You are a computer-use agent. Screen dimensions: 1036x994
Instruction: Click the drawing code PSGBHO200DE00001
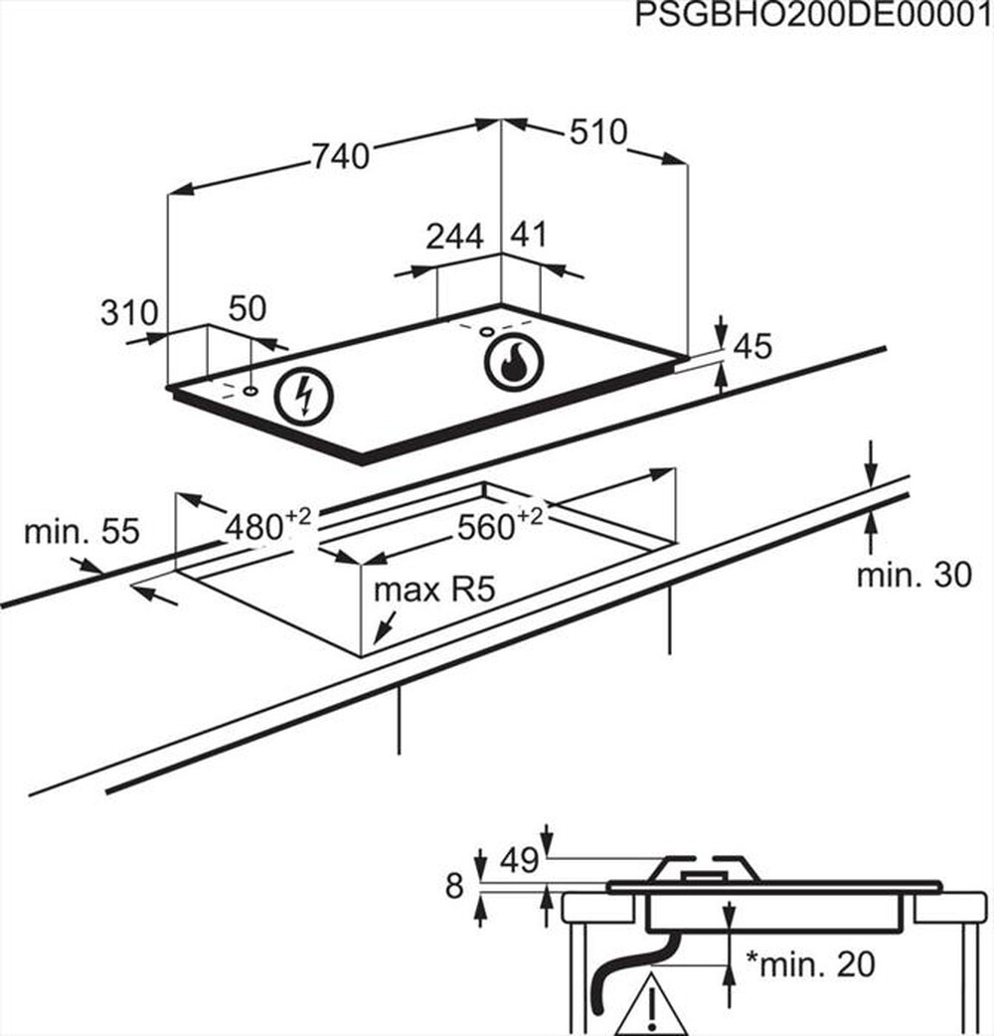(x=813, y=16)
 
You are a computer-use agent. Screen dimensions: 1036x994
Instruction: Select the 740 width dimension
(x=341, y=156)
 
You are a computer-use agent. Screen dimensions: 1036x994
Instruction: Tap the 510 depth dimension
(x=599, y=132)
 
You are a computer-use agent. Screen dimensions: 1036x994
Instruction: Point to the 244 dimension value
(x=454, y=237)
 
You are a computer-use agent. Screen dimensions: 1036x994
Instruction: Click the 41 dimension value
(x=529, y=236)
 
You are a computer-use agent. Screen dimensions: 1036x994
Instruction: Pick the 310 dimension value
(x=129, y=313)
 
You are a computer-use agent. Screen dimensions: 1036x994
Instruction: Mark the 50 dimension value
(x=248, y=309)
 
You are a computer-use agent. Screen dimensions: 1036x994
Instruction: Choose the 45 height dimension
(x=752, y=346)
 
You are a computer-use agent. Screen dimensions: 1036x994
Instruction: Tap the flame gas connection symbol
(x=514, y=362)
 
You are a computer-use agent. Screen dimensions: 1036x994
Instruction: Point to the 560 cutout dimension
(x=497, y=526)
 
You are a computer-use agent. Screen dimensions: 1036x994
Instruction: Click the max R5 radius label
(x=433, y=591)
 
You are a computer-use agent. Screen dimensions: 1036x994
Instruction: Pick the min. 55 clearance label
(x=82, y=532)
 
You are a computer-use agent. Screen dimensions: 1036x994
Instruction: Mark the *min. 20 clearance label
(x=811, y=963)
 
